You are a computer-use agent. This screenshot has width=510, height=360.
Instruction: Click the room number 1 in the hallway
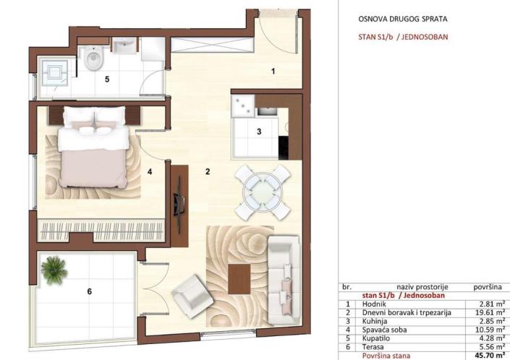point(273,71)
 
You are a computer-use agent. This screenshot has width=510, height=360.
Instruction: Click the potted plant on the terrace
point(55,270)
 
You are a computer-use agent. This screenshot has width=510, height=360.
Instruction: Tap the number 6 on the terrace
point(89,292)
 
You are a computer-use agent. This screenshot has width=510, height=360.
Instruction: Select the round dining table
point(263,192)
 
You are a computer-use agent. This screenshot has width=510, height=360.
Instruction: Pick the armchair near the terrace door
point(191,294)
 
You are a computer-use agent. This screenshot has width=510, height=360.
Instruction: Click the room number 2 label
point(208,172)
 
